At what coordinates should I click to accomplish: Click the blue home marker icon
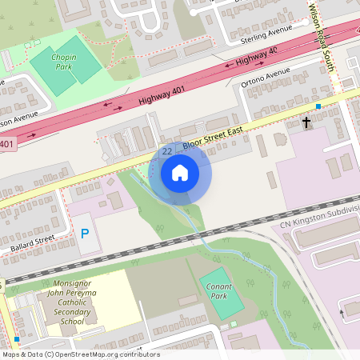pos(180,173)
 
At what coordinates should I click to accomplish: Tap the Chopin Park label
pos(63,62)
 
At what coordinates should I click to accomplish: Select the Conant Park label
pos(219,291)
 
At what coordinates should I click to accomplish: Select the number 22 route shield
pos(167,150)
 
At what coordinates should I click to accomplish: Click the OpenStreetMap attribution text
pos(80,354)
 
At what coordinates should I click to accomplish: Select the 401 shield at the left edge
pos(6,144)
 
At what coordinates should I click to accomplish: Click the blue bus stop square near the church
pos(318,106)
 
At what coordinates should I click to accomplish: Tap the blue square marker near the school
pos(17,339)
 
